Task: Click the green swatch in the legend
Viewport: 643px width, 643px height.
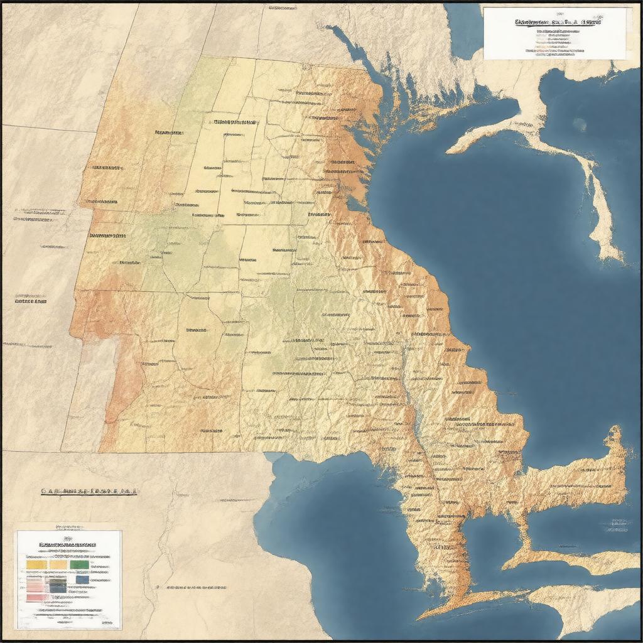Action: (80, 565)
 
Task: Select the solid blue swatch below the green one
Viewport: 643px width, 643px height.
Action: (82, 580)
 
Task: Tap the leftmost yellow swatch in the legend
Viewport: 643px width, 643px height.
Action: (36, 565)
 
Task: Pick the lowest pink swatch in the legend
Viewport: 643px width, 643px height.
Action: (35, 597)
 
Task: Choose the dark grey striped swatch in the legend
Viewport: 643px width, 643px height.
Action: (58, 585)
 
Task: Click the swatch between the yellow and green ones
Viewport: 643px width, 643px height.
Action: (58, 565)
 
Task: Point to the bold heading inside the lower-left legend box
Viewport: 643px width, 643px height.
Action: (67, 544)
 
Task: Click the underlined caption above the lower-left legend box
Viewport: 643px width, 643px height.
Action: (89, 492)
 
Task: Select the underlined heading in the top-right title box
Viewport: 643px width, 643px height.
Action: (557, 22)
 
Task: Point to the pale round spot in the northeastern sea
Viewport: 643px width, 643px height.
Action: (580, 124)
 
